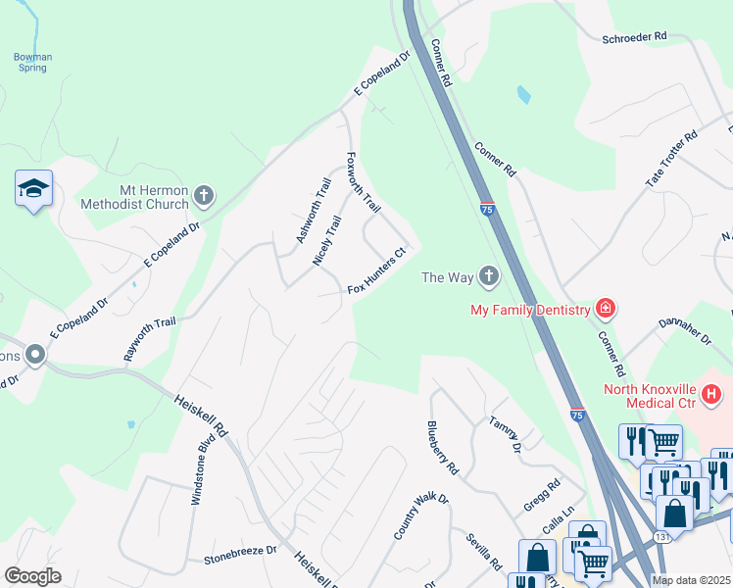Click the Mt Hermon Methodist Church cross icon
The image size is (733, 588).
pos(204,195)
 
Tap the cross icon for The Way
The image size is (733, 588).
pos(488,276)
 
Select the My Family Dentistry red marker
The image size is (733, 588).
pos(607,310)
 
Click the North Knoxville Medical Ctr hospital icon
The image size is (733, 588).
pos(713,395)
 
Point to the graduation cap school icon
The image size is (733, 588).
pos(33,188)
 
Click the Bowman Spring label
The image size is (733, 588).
pos(32,63)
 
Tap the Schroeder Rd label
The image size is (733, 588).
pos(634,36)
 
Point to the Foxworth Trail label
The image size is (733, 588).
pos(365,182)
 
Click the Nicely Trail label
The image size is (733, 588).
pos(326,240)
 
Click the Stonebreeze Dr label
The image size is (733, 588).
pos(240,559)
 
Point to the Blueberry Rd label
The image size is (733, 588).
pos(443,448)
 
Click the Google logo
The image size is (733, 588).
pos(32,576)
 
